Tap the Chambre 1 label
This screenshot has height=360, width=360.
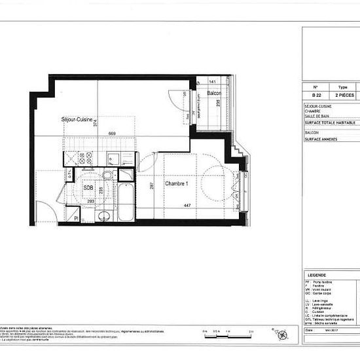coord(177,184)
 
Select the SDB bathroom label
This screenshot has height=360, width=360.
coord(88,187)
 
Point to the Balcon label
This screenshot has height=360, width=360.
coord(213,94)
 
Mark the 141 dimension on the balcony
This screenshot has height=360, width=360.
coord(212,82)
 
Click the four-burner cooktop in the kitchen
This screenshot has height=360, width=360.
coord(85,157)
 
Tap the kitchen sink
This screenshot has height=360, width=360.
coord(113,157)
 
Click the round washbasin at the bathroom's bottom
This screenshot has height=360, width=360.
coord(102,215)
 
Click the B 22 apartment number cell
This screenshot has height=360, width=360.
coord(315,95)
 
